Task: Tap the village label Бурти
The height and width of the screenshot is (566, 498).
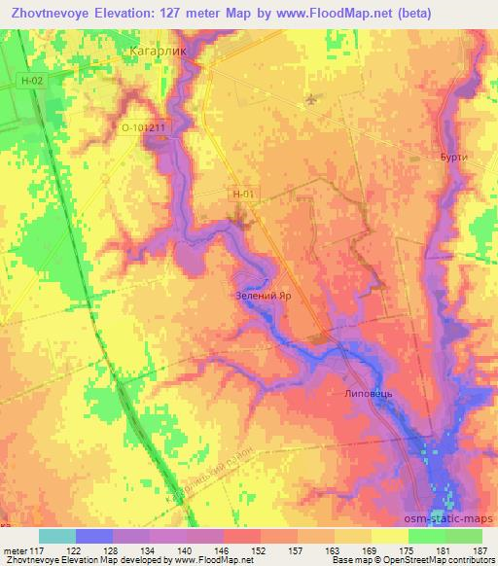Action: [x=452, y=157]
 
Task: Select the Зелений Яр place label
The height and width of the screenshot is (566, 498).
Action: [x=264, y=295]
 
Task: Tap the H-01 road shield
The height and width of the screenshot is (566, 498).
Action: [x=243, y=195]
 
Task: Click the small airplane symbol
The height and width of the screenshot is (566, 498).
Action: [x=310, y=98]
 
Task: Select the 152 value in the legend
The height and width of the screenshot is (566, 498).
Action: [x=261, y=549]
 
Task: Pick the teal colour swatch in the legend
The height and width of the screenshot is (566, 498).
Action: [x=57, y=536]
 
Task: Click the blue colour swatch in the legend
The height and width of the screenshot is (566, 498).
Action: [x=93, y=536]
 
